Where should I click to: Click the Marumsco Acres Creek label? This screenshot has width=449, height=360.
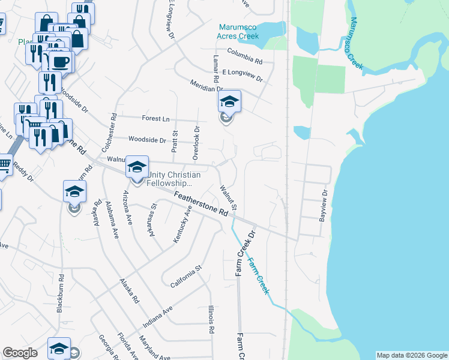238,32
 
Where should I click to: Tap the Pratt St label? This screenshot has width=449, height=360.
175,142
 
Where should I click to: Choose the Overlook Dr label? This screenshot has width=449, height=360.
196,143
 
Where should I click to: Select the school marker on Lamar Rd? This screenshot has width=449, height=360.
229,101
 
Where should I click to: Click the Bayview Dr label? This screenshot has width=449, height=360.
324,205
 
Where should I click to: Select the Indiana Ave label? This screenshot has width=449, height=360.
157,316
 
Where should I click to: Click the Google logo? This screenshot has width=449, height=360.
20,353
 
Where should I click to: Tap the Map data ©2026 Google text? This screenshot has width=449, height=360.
412,355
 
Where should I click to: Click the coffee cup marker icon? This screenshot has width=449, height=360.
60,62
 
